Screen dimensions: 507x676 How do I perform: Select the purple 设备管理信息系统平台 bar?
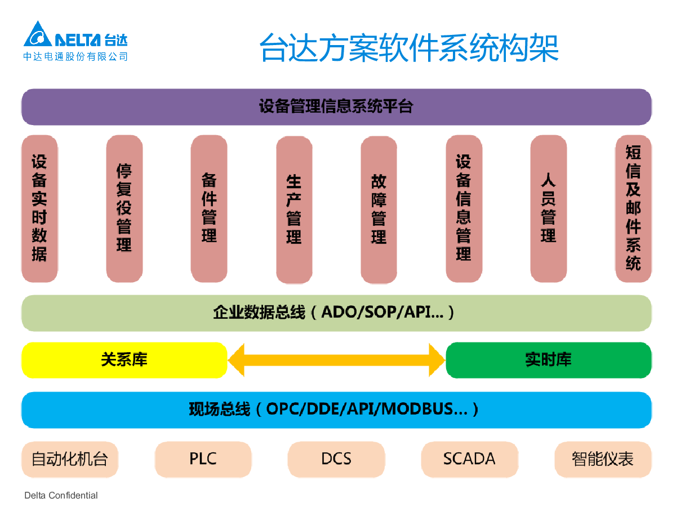pyautogui.click(x=336, y=107)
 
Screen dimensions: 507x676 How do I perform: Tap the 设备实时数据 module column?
pyautogui.click(x=39, y=208)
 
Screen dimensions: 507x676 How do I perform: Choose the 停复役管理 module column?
pyautogui.click(x=124, y=208)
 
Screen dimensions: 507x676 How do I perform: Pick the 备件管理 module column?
pyautogui.click(x=209, y=208)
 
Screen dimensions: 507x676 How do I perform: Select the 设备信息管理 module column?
pyautogui.click(x=464, y=208)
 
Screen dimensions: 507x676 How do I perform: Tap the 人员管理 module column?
pyautogui.click(x=548, y=208)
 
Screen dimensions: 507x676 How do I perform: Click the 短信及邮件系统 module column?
pyautogui.click(x=633, y=208)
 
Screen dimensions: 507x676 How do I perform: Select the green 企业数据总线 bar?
pyautogui.click(x=336, y=313)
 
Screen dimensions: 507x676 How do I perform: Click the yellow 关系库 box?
pyautogui.click(x=124, y=360)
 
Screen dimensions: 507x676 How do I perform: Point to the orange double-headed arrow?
pyautogui.click(x=336, y=360)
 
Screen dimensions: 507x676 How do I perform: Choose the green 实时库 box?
pyautogui.click(x=548, y=360)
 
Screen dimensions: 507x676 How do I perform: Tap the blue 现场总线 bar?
pyautogui.click(x=336, y=410)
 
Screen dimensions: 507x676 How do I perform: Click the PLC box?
pyautogui.click(x=203, y=459)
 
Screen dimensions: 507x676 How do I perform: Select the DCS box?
pyautogui.click(x=336, y=459)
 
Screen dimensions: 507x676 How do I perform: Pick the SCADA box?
pyautogui.click(x=469, y=459)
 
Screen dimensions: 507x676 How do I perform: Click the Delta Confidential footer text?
pyautogui.click(x=61, y=496)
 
